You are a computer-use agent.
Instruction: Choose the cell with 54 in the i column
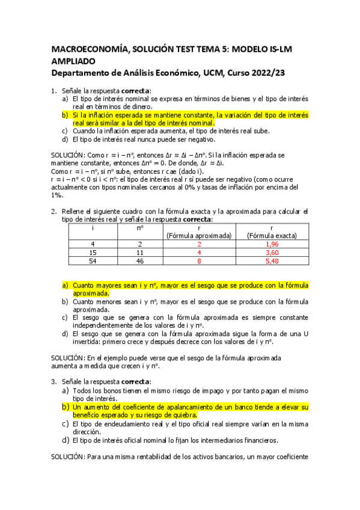[93, 262]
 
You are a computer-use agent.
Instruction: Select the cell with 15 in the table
[93, 253]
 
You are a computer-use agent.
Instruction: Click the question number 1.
[53, 91]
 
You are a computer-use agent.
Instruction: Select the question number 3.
[53, 381]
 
